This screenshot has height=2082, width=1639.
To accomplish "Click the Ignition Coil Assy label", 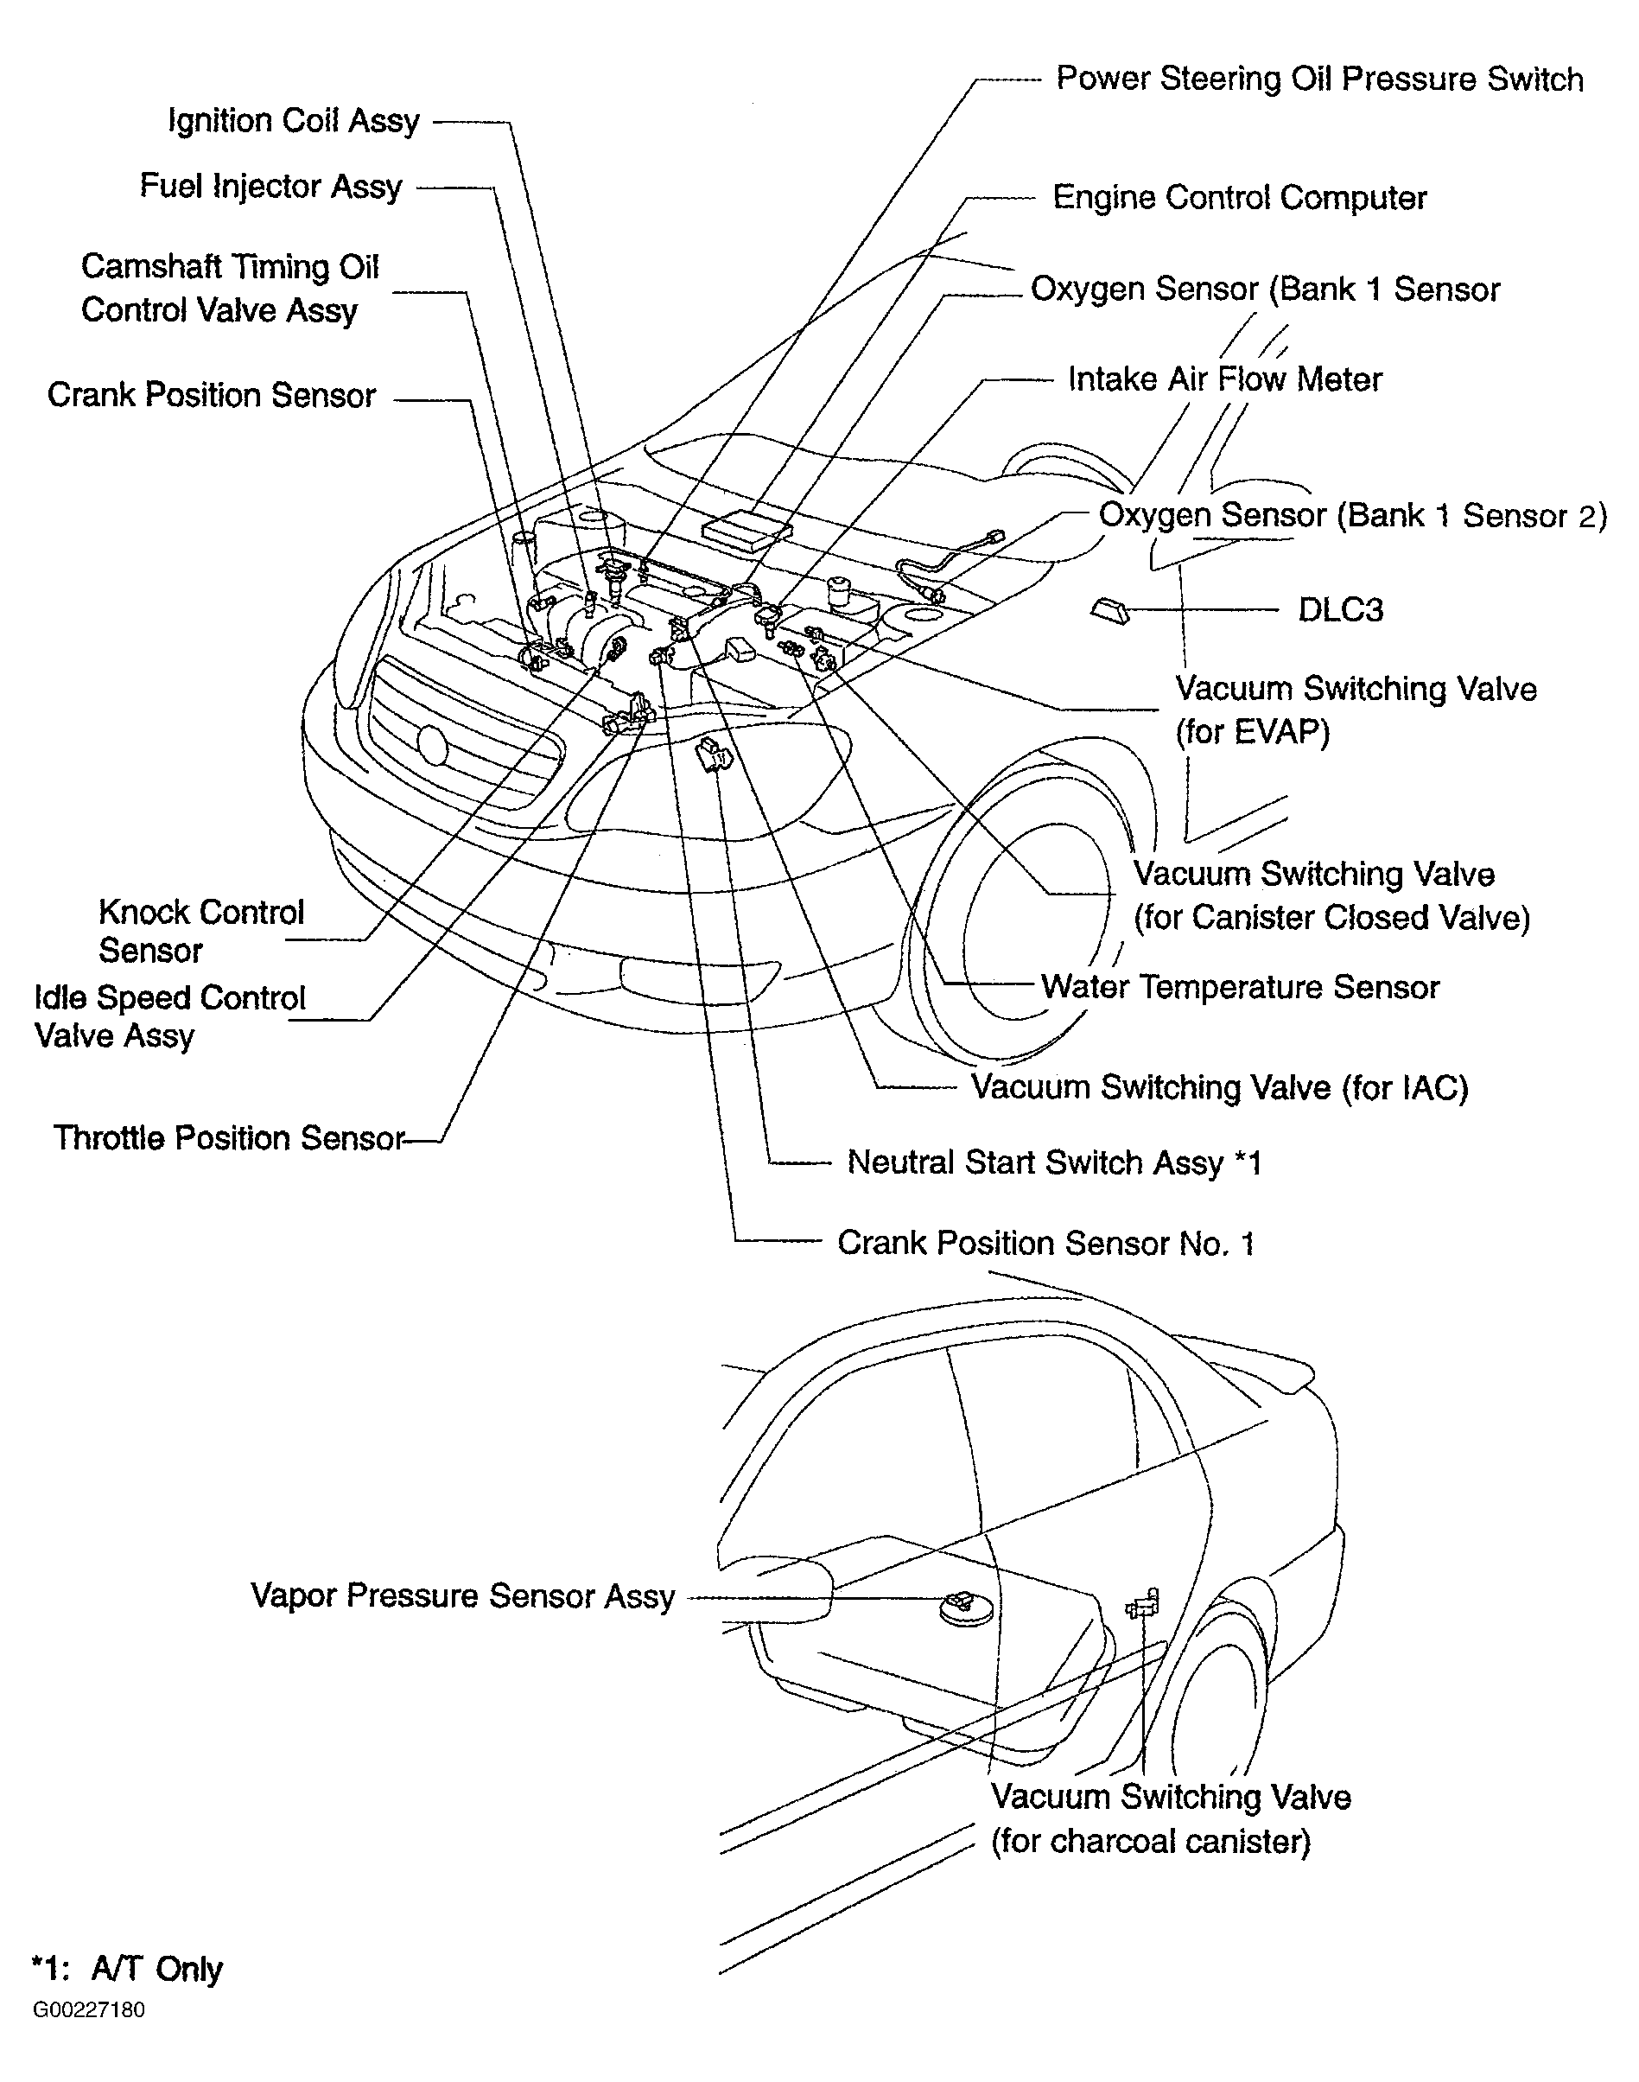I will pos(294,122).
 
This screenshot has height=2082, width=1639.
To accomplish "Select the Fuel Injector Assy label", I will pos(270,186).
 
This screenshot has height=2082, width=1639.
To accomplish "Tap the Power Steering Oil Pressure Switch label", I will pos(1318,80).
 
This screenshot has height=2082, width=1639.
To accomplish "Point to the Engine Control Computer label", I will pos(1239,199).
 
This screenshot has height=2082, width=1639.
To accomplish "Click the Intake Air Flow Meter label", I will pos(1224,380).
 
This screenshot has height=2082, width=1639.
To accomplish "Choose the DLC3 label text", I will pos(1339,610).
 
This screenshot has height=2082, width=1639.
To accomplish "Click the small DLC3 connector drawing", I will pos(1109,608).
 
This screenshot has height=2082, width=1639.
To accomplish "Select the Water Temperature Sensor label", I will pos(1240,988).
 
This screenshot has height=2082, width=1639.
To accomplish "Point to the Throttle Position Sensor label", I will pos(228,1138).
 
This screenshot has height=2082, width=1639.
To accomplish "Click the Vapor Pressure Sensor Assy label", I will pos(462,1596).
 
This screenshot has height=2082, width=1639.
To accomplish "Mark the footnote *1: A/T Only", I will pos(127,1969).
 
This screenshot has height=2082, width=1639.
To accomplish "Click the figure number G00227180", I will pos(88,2010).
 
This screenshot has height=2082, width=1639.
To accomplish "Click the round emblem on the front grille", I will pos(433,746).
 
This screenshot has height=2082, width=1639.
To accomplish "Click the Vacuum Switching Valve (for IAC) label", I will pos(1219,1088).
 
